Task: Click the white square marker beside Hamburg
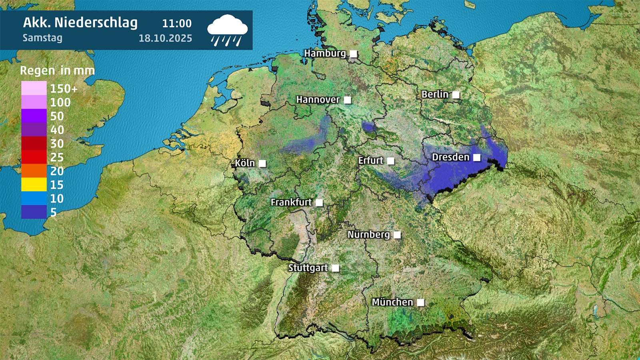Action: pyautogui.click(x=354, y=54)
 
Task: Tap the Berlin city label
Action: pyautogui.click(x=435, y=94)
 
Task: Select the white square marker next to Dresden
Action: pyautogui.click(x=477, y=158)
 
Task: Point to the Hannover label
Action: pyautogui.click(x=318, y=100)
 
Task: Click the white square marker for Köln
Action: pyautogui.click(x=262, y=164)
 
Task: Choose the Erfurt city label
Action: pyautogui.click(x=370, y=161)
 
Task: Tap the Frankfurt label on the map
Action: pyautogui.click(x=291, y=202)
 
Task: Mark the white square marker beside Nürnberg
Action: pyautogui.click(x=397, y=235)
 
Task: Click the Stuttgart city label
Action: pyautogui.click(x=308, y=268)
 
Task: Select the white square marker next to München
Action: pyautogui.click(x=421, y=303)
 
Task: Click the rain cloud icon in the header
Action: pyautogui.click(x=227, y=30)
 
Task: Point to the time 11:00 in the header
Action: pyautogui.click(x=177, y=24)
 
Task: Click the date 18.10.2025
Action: pyautogui.click(x=165, y=38)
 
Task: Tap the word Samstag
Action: pyautogui.click(x=42, y=38)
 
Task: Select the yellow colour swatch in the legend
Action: pyautogui.click(x=34, y=184)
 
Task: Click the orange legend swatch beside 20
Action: pyautogui.click(x=34, y=171)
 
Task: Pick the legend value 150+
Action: pyautogui.click(x=64, y=88)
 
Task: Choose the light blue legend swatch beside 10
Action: pyautogui.click(x=34, y=198)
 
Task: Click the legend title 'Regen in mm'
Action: pyautogui.click(x=57, y=71)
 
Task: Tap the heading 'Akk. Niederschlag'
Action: pyautogui.click(x=80, y=23)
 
